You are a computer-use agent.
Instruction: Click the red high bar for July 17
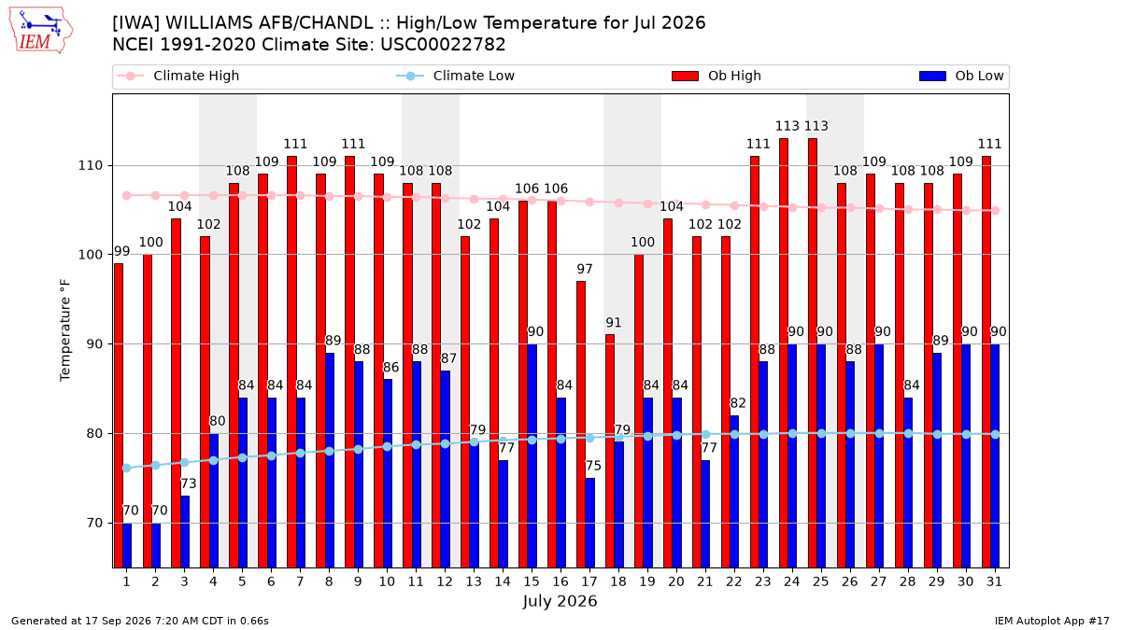tap(580, 425)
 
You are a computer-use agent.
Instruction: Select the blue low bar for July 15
tap(532, 456)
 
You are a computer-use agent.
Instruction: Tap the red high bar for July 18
tap(609, 451)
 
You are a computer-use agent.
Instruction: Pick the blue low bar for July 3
tap(185, 532)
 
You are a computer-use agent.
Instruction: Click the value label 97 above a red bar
tap(585, 269)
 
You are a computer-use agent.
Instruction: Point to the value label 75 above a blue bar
tap(593, 466)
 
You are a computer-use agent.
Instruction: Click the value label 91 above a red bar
tap(614, 323)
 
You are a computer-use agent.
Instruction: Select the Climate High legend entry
tap(178, 76)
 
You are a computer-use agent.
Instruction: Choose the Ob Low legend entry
tap(961, 76)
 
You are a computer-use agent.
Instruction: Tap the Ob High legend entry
tap(717, 76)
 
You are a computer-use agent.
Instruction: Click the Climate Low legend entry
tap(456, 76)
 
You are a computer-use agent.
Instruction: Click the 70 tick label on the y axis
tap(94, 523)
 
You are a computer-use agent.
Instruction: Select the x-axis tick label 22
tap(734, 581)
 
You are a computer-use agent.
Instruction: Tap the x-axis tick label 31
tap(994, 581)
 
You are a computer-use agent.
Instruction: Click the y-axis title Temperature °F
tap(65, 330)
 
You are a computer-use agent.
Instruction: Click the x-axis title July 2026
tap(560, 601)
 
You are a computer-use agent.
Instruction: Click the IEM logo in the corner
tap(41, 31)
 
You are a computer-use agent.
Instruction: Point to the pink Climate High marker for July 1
tap(127, 195)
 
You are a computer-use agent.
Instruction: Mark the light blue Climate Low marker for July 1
tap(127, 468)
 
